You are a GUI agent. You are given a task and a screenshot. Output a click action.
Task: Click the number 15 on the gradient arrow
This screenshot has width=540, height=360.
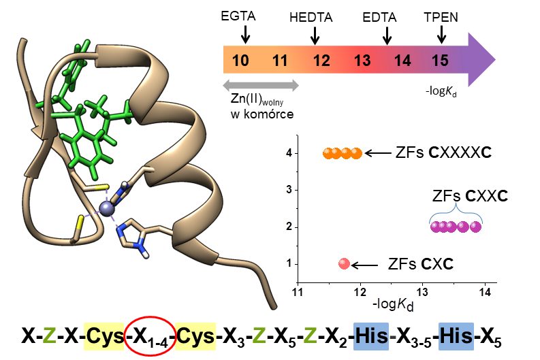pyautogui.click(x=440, y=61)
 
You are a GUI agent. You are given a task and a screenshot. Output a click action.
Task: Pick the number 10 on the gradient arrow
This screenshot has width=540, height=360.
pyautogui.click(x=240, y=61)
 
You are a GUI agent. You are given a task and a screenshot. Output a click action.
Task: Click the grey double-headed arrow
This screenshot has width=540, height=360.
pyautogui.click(x=261, y=85)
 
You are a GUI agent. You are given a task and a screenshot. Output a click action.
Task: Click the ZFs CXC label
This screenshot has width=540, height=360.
pyautogui.click(x=420, y=263)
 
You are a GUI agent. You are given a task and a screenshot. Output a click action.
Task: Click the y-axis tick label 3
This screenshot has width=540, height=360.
pyautogui.click(x=289, y=190)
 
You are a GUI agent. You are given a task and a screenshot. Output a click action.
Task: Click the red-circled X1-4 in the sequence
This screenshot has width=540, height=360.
pyautogui.click(x=151, y=336)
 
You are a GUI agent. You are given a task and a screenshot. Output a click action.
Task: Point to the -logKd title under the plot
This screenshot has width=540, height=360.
pyautogui.click(x=395, y=304)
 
